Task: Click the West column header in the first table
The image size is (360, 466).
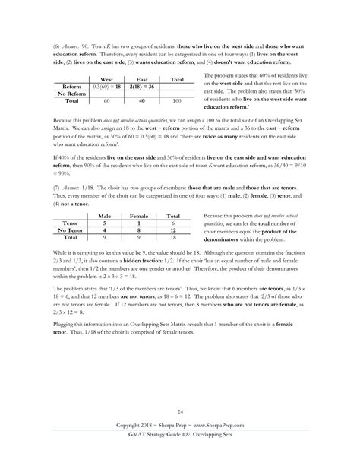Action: pos(107,79)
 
